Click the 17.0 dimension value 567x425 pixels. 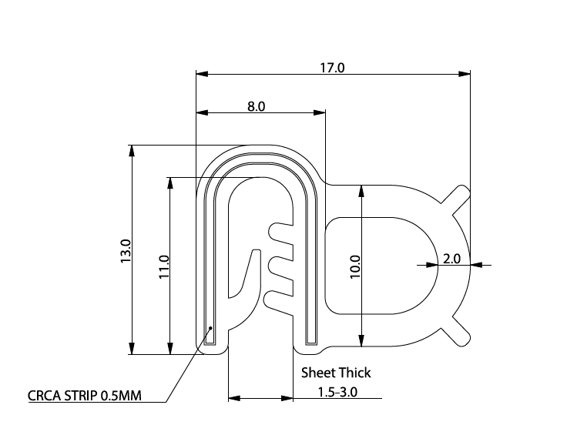point(332,68)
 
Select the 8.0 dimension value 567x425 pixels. point(257,107)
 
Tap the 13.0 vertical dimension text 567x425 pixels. point(126,251)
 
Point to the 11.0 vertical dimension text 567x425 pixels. point(163,266)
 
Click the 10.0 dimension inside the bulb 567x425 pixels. point(355,267)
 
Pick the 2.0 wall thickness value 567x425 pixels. point(451,259)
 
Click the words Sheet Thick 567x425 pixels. point(335,373)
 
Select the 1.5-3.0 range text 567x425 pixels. point(337,392)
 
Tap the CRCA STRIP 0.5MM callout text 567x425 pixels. point(85,397)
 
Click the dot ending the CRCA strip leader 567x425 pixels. point(210,328)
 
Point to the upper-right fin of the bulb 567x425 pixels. point(458,197)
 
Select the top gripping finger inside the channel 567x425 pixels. point(280,230)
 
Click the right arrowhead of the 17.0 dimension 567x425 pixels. point(464,74)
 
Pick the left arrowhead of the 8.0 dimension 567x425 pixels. point(202,113)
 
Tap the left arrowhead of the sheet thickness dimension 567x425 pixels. point(234,398)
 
